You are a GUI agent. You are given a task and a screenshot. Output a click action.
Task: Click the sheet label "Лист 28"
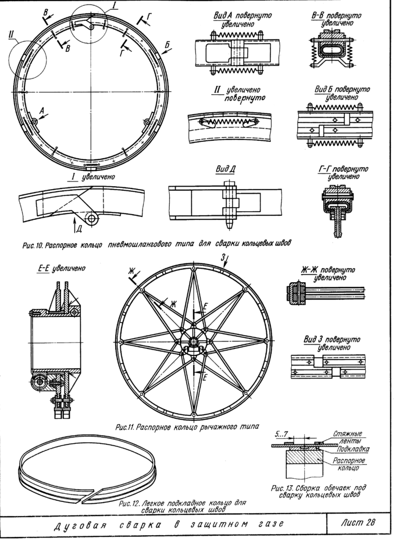pyautogui.click(x=360, y=521)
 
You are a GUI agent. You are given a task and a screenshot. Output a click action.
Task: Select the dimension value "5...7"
pyautogui.click(x=282, y=433)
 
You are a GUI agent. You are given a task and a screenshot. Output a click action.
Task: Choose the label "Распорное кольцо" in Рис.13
pyautogui.click(x=349, y=464)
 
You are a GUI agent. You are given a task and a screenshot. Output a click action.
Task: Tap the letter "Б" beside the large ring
pyautogui.click(x=167, y=44)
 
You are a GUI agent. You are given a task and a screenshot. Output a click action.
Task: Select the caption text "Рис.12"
pyautogui.click(x=126, y=502)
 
